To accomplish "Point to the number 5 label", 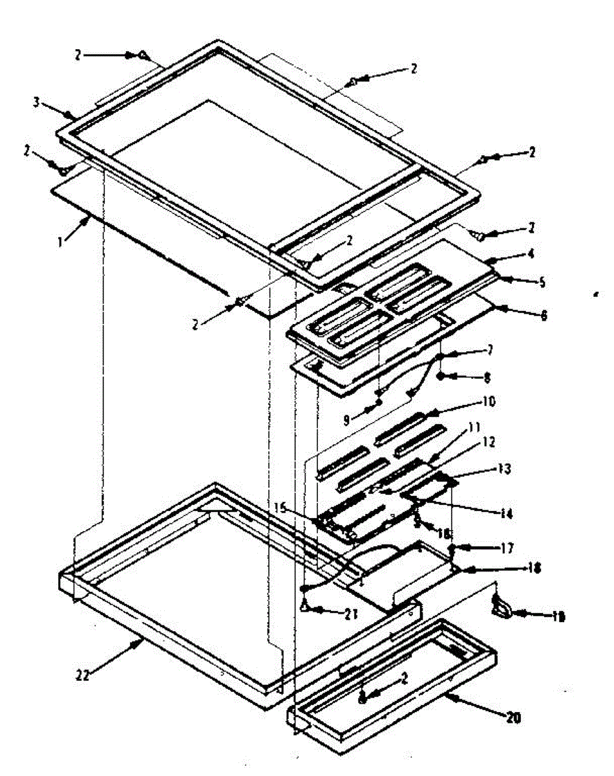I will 542,281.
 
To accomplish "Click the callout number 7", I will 490,350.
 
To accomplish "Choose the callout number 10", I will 487,402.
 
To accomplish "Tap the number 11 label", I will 475,427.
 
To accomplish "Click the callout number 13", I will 504,468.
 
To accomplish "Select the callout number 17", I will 506,548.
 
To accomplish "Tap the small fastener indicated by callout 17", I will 452,550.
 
